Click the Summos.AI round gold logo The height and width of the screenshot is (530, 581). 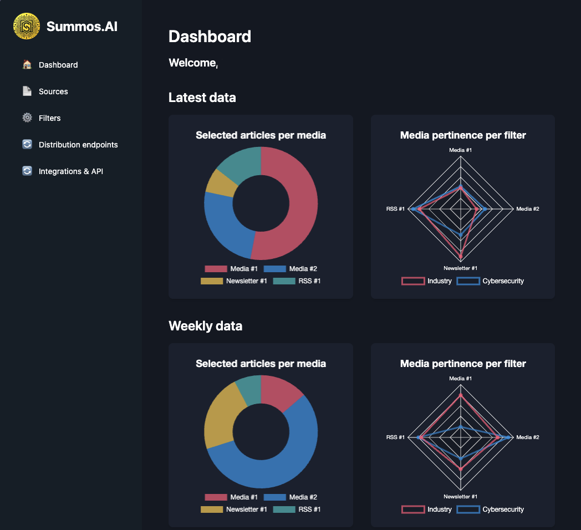pyautogui.click(x=27, y=26)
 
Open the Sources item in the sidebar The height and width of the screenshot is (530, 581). pyautogui.click(x=53, y=91)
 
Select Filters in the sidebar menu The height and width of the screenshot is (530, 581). pyautogui.click(x=50, y=118)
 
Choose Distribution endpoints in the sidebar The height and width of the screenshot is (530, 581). pyautogui.click(x=78, y=145)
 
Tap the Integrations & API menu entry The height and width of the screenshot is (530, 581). pyautogui.click(x=71, y=171)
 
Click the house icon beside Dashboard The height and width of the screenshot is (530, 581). pyautogui.click(x=27, y=65)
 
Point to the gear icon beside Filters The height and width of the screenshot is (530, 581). pyautogui.click(x=27, y=118)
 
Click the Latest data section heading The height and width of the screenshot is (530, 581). pyautogui.click(x=202, y=98)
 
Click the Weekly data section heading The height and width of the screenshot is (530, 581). pyautogui.click(x=205, y=326)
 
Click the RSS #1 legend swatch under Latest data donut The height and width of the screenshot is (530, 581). pyautogui.click(x=284, y=281)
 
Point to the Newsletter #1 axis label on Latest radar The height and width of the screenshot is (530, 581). pyautogui.click(x=460, y=268)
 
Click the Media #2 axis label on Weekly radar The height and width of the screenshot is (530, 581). pyautogui.click(x=527, y=437)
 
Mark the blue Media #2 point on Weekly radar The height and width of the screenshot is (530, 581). pyautogui.click(x=508, y=437)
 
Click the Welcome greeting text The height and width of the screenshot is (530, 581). pyautogui.click(x=193, y=63)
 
